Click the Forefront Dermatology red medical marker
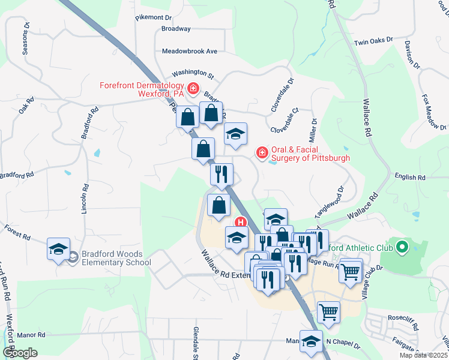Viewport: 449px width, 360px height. pos(193,90)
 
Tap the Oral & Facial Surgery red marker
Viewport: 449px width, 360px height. pos(262,154)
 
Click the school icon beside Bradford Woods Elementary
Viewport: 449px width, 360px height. pos(59,250)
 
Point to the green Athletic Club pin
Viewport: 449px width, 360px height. pos(402,247)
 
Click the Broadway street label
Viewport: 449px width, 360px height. pos(176,29)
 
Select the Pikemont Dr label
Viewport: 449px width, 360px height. pos(154,18)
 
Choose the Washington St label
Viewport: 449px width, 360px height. pos(193,74)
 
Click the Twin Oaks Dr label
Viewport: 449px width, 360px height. pos(373,42)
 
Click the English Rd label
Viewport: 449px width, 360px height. pos(410,178)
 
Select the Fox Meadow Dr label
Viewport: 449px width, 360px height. pos(434,112)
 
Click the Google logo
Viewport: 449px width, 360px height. pos(19,353)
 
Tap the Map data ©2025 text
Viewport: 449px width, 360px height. pos(423,355)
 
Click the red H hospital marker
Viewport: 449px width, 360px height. pos(241,223)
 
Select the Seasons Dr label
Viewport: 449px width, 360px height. pos(26,39)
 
